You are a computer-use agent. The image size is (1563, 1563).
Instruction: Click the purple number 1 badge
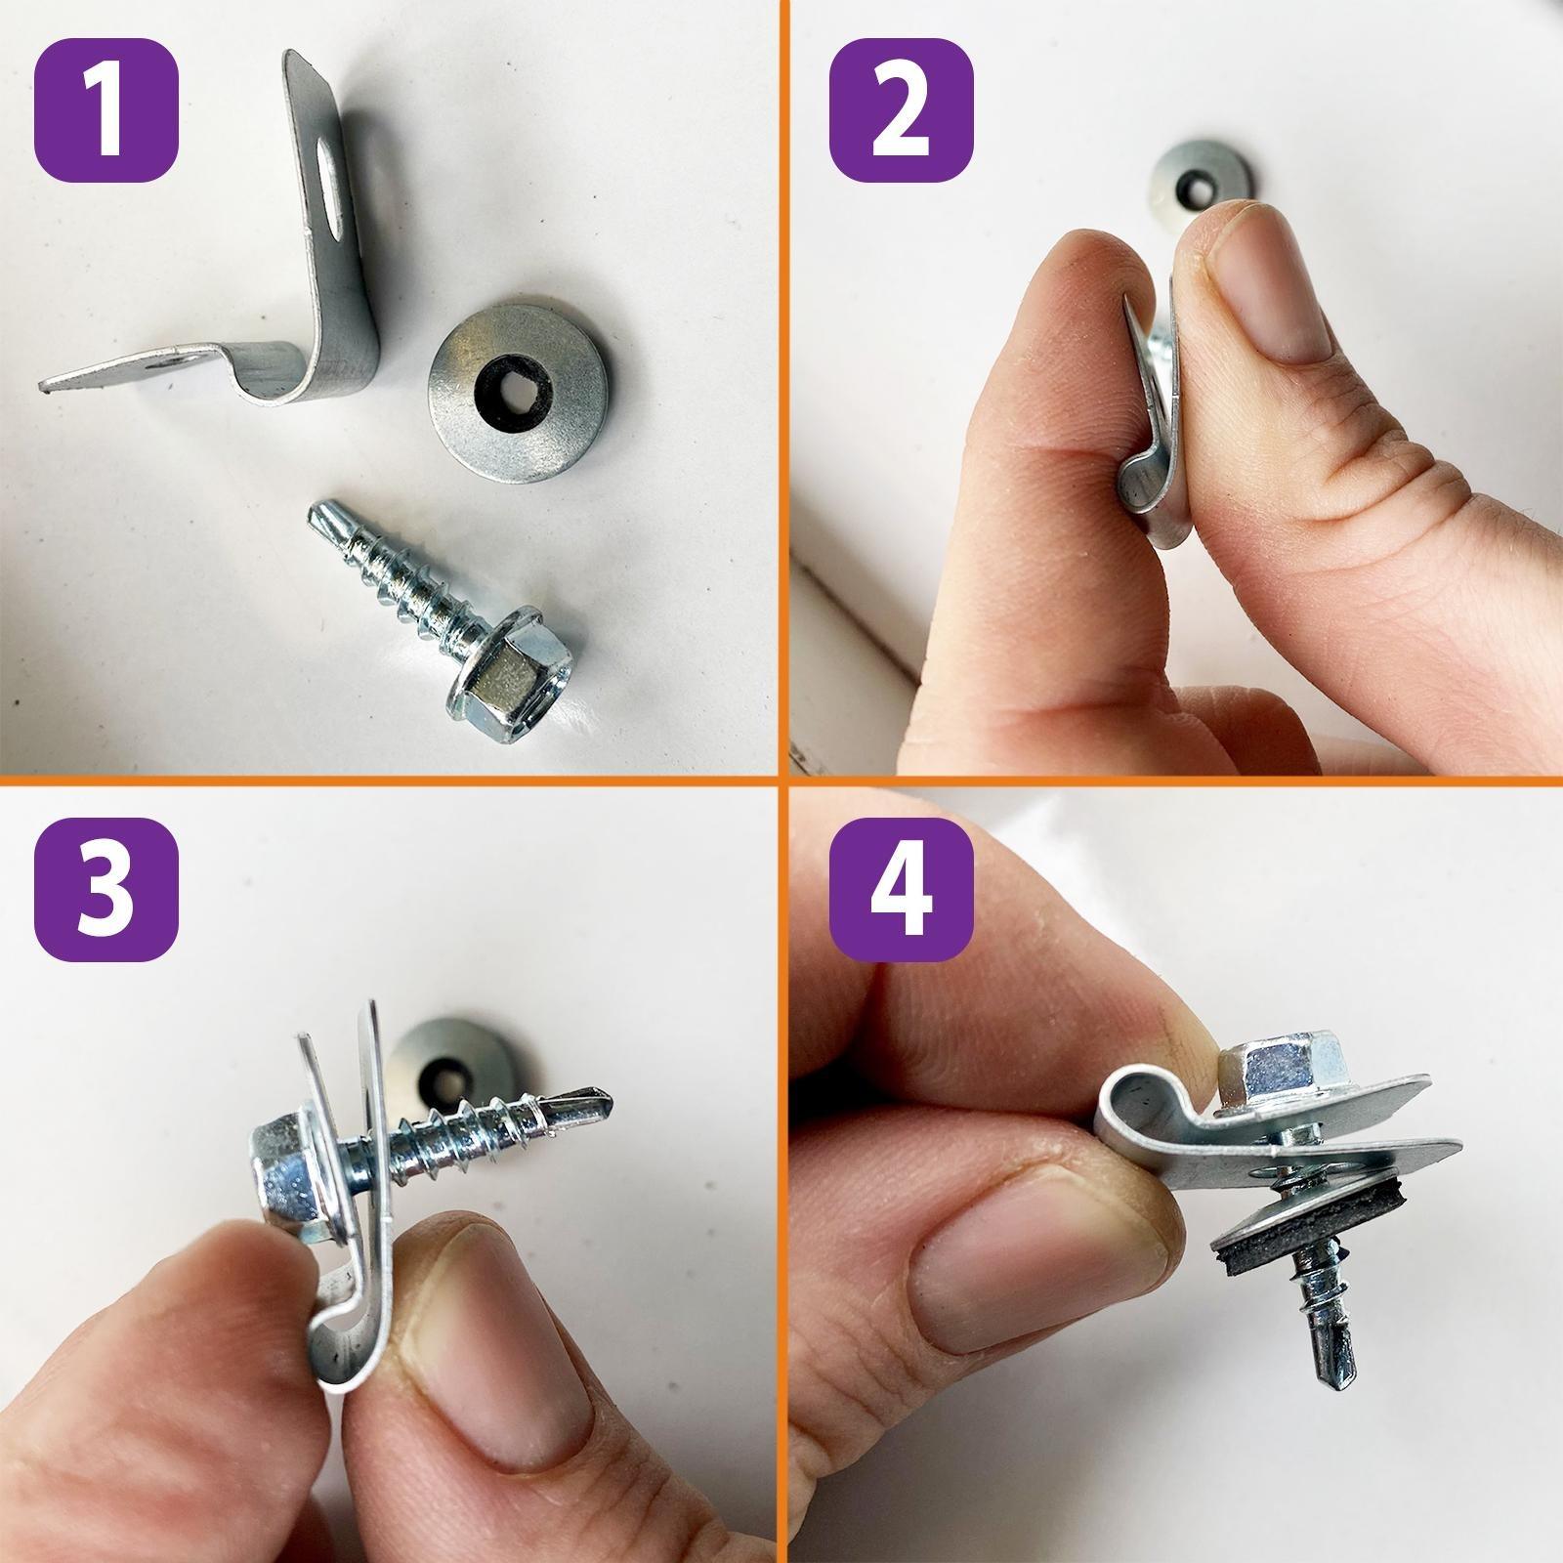tap(106, 109)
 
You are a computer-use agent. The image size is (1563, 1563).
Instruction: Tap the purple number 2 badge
tap(901, 109)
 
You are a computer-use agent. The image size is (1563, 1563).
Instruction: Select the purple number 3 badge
tap(106, 890)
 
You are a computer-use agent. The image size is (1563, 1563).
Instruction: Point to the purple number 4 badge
tap(901, 890)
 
